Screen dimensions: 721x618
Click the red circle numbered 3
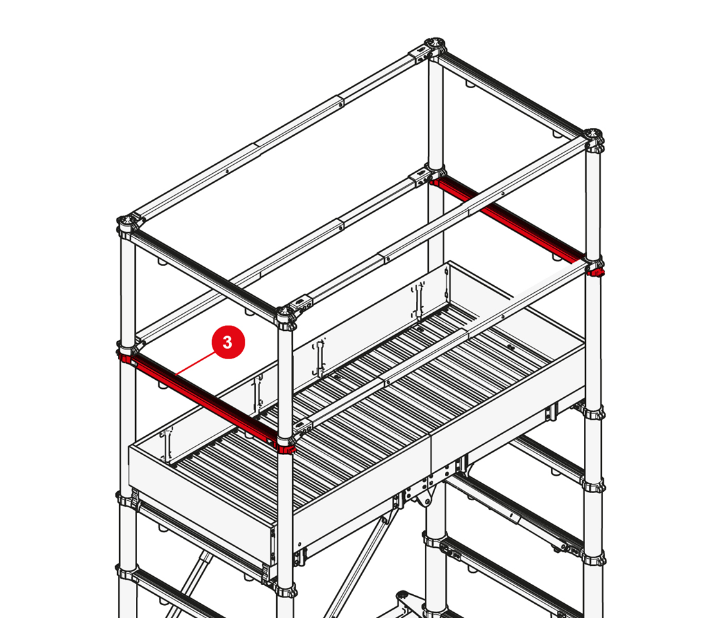point(228,342)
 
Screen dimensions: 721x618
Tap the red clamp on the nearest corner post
point(286,448)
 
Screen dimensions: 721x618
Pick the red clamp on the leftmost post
point(125,357)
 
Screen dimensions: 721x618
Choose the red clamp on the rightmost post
point(596,271)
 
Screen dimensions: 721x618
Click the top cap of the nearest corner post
point(286,315)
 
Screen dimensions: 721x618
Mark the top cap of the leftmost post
point(128,225)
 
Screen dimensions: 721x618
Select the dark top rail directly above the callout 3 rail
point(204,270)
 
